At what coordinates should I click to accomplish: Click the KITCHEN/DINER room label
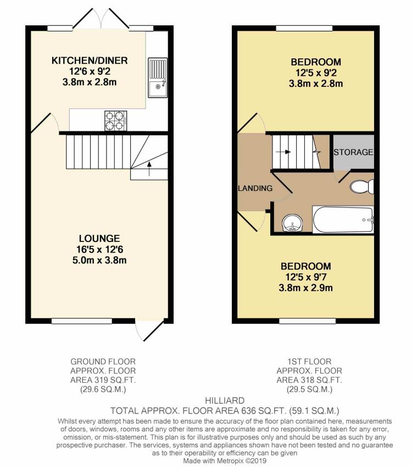point(90,61)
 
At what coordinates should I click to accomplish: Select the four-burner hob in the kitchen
point(116,120)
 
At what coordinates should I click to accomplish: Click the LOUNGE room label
point(99,238)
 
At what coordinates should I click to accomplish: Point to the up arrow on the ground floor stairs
point(149,168)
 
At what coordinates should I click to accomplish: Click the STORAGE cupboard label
point(354,152)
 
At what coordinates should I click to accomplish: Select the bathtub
point(342,219)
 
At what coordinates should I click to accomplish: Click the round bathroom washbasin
point(291,223)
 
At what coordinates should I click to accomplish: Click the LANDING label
point(255,188)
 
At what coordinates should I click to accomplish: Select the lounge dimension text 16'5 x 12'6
point(99,249)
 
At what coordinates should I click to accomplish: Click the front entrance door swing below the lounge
point(150,330)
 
